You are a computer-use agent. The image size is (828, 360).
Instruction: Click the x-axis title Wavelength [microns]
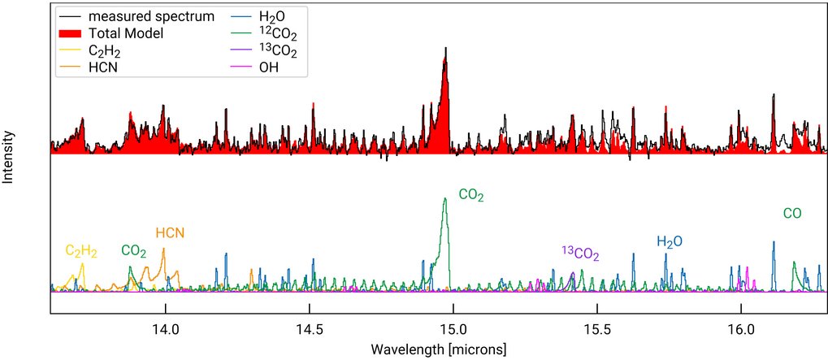pos(439,349)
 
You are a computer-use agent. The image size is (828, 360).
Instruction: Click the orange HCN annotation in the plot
pos(170,233)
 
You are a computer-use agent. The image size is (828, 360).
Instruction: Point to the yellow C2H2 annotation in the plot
pos(81,252)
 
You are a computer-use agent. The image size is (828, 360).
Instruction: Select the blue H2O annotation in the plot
pos(670,241)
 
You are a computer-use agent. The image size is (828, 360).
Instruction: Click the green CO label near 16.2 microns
pos(792,214)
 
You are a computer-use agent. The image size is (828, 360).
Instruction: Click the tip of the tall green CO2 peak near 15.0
pos(444,198)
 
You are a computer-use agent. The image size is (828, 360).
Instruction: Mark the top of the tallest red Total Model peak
pos(445,48)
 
